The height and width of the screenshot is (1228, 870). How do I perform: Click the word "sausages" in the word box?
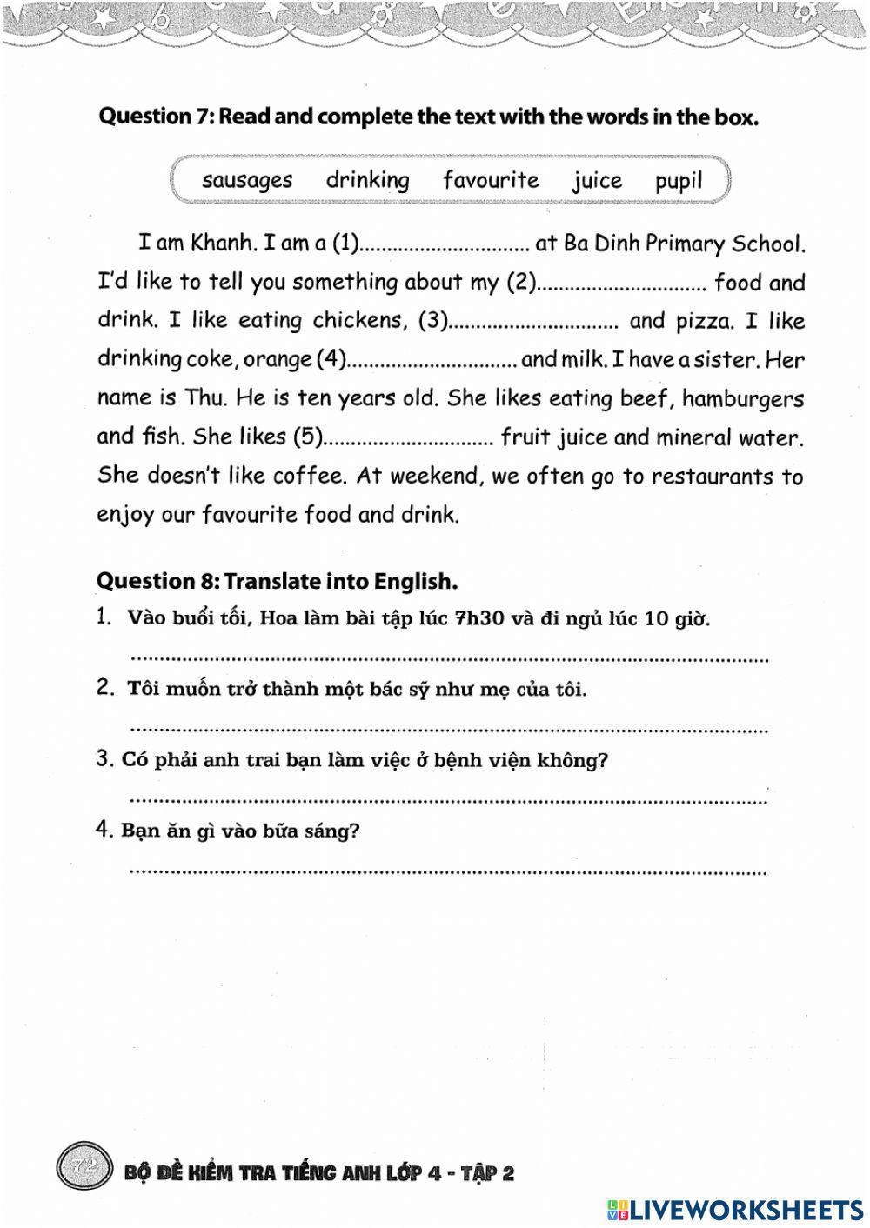tap(247, 181)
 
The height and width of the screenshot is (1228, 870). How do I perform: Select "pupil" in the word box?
tap(679, 181)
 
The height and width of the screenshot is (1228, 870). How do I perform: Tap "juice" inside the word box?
tap(597, 181)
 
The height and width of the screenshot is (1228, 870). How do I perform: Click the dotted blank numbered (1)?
tap(445, 245)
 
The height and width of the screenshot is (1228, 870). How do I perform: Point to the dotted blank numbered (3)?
tap(532, 323)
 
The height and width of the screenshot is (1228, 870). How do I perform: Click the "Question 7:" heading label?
tap(157, 117)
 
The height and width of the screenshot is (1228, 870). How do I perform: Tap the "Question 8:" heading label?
tap(157, 581)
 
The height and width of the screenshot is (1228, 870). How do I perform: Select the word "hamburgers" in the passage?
tap(743, 399)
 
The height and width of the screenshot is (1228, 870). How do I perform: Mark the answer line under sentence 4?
tap(448, 871)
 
